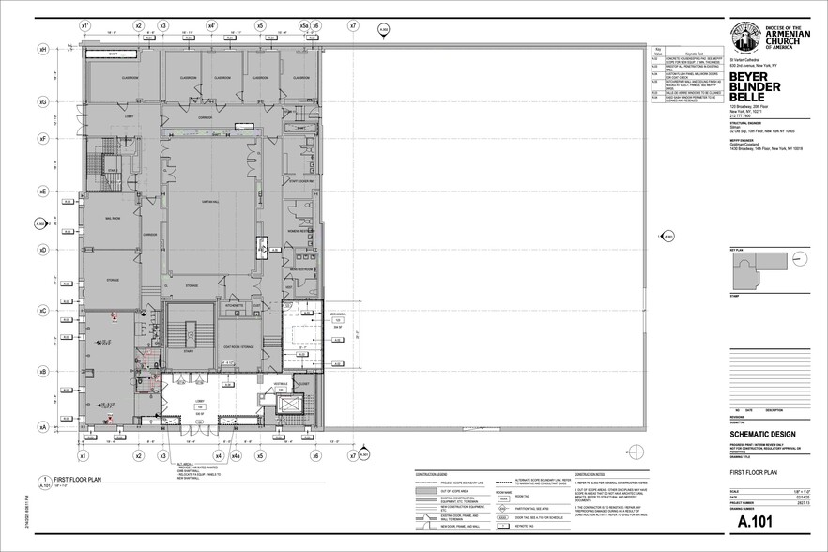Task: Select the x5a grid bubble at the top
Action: [303, 26]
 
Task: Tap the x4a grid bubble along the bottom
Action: [237, 456]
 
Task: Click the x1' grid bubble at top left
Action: [84, 26]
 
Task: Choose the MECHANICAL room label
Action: [338, 314]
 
